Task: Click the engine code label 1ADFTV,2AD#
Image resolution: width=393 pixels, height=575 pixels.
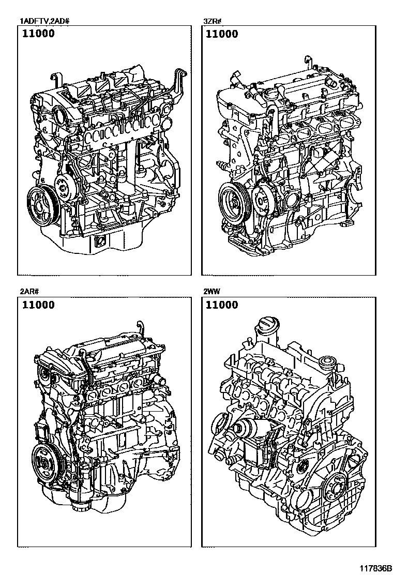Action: pos(44,21)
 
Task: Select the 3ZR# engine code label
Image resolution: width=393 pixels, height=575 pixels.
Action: pos(213,21)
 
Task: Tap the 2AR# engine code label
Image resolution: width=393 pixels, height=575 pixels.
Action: pos(29,292)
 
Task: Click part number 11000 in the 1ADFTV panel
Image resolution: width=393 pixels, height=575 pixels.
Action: pos(38,34)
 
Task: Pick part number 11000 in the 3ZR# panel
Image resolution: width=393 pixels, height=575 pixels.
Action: pos(222,34)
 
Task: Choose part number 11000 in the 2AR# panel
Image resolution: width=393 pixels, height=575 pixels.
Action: pos(38,305)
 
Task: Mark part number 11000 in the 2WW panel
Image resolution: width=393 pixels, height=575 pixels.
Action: pos(222,305)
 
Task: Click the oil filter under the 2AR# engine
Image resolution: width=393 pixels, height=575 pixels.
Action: pos(80,506)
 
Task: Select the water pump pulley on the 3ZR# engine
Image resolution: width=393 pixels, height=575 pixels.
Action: pos(263,200)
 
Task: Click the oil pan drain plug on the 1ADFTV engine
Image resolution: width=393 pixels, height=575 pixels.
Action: pos(100,241)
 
